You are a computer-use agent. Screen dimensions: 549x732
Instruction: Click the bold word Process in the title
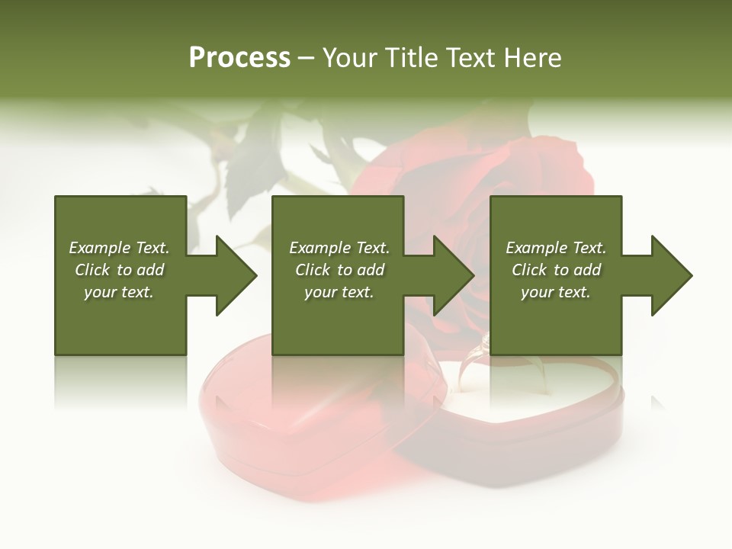point(239,58)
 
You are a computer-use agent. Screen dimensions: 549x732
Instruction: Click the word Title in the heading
point(411,58)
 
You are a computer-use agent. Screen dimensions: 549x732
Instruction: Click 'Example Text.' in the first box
point(119,248)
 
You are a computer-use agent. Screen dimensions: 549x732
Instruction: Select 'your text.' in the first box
point(119,292)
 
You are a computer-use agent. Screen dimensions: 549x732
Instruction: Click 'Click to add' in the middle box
point(339,270)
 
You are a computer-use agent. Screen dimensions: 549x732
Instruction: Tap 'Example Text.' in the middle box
point(339,248)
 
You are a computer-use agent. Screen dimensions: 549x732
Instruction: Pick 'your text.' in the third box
point(556,292)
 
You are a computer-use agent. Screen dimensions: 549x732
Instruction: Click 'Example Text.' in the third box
point(556,248)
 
